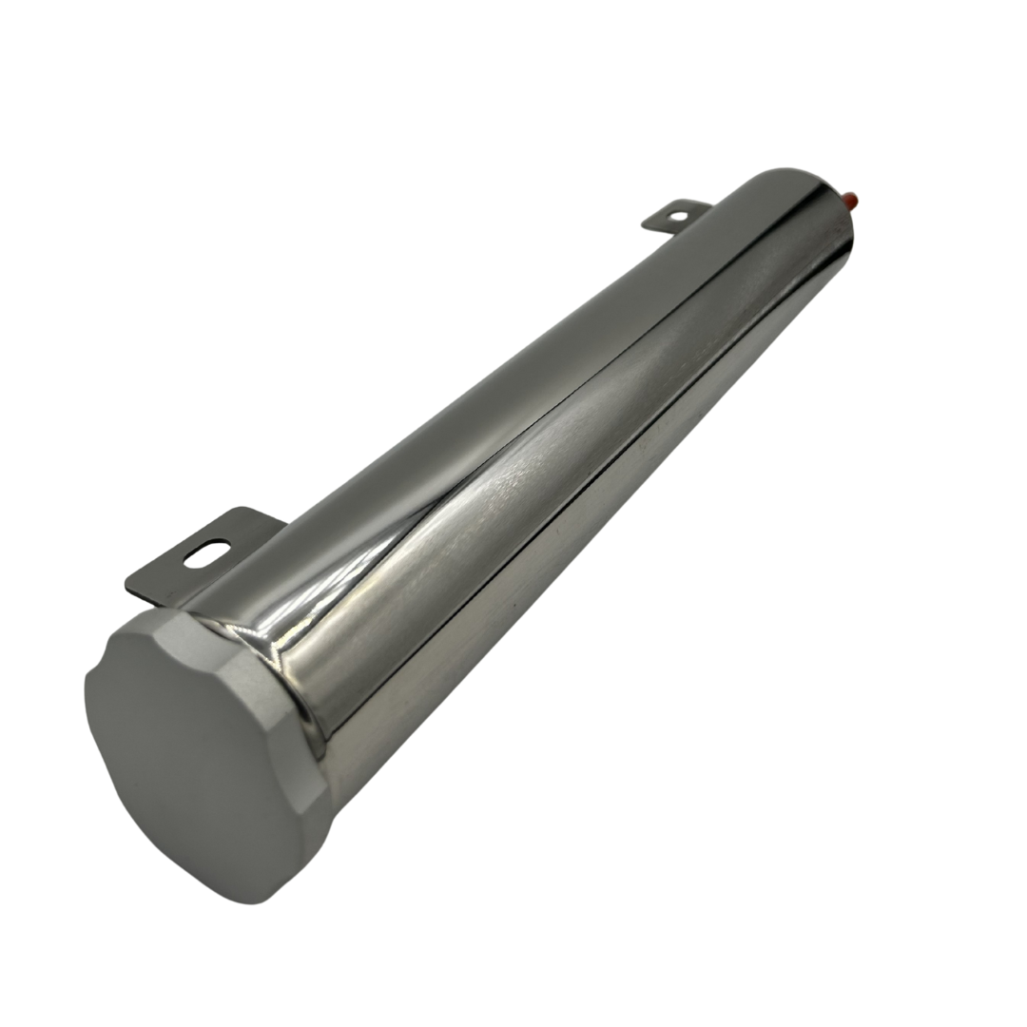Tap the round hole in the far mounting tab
tap(677, 217)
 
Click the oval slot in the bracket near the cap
tap(206, 553)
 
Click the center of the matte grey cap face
tap(195, 761)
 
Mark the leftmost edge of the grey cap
tap(87, 685)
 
